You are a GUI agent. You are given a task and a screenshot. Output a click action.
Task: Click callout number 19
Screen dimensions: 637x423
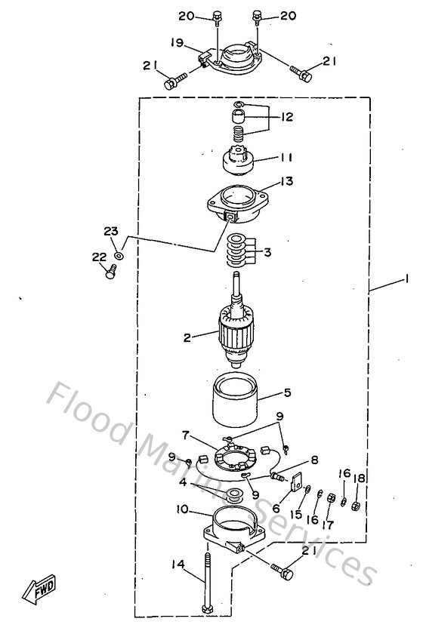[x=176, y=45]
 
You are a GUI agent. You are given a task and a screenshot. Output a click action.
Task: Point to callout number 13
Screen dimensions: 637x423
[x=288, y=182]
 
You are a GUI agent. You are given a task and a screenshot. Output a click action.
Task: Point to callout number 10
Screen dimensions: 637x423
[x=182, y=510]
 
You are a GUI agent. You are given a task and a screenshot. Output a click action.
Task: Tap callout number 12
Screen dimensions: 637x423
[x=288, y=118]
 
